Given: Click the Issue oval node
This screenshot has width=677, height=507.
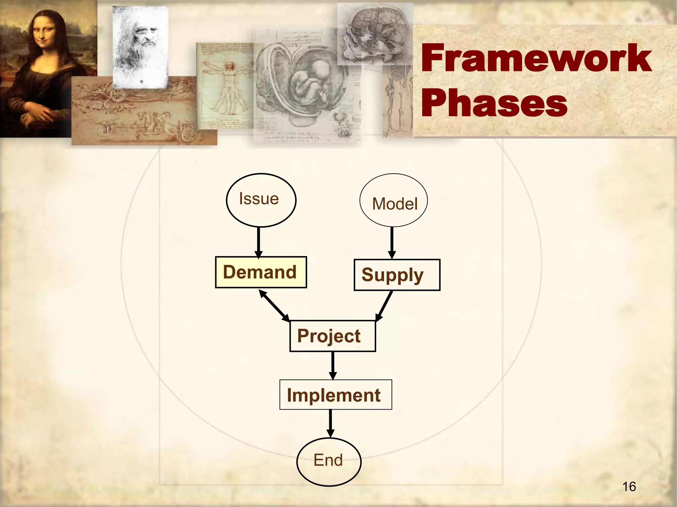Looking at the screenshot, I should (x=261, y=200).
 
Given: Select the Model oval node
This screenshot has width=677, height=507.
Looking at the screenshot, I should (x=393, y=201).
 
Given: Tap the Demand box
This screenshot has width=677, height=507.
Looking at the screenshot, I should (x=261, y=272).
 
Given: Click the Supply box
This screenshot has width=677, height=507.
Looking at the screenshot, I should (x=397, y=275).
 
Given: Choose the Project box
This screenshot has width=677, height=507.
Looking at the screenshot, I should (x=333, y=336).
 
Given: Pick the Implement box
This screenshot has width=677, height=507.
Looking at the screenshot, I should (x=336, y=395).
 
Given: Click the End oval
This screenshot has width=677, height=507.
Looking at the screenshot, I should (x=329, y=461).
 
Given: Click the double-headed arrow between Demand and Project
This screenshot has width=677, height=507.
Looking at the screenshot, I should (x=274, y=305).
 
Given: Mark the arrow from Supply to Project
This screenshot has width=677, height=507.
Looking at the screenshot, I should (x=384, y=306).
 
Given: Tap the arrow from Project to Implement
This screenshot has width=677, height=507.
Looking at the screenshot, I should (x=333, y=365).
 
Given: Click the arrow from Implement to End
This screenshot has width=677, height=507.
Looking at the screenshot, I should (x=330, y=423).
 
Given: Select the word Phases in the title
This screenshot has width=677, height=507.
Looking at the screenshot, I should (x=494, y=103).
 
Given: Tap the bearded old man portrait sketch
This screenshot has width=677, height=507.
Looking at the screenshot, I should (x=140, y=46).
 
